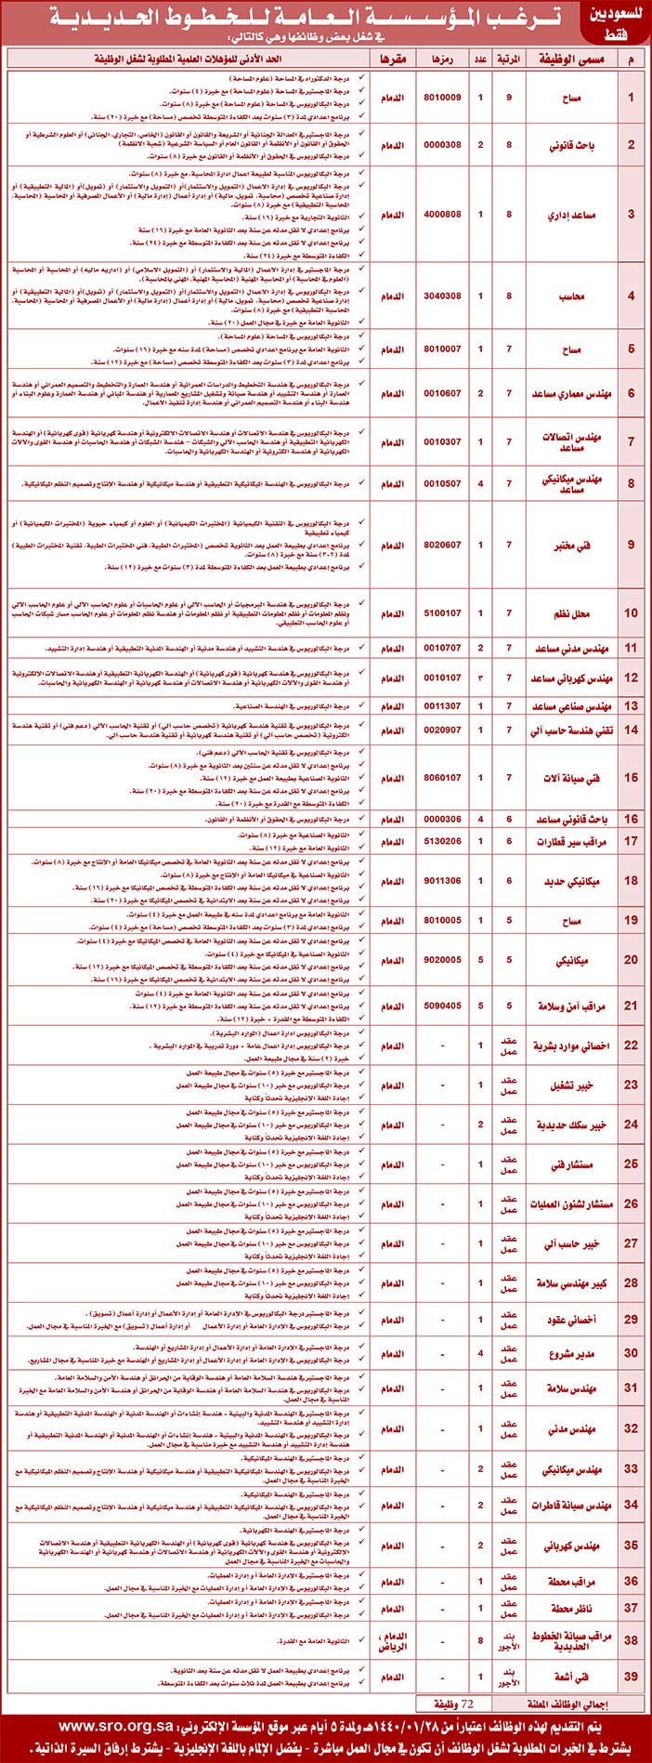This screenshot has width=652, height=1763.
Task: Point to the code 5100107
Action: pyautogui.click(x=442, y=613)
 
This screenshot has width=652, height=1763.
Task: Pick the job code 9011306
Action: pyautogui.click(x=442, y=880)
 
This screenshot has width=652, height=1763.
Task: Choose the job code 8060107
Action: pyautogui.click(x=442, y=777)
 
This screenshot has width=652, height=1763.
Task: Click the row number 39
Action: pyautogui.click(x=632, y=1677)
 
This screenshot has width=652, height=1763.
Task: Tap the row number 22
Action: pyautogui.click(x=632, y=1046)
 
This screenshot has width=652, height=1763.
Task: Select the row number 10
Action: pyautogui.click(x=632, y=613)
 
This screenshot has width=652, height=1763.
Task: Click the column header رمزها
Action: pyautogui.click(x=442, y=59)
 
